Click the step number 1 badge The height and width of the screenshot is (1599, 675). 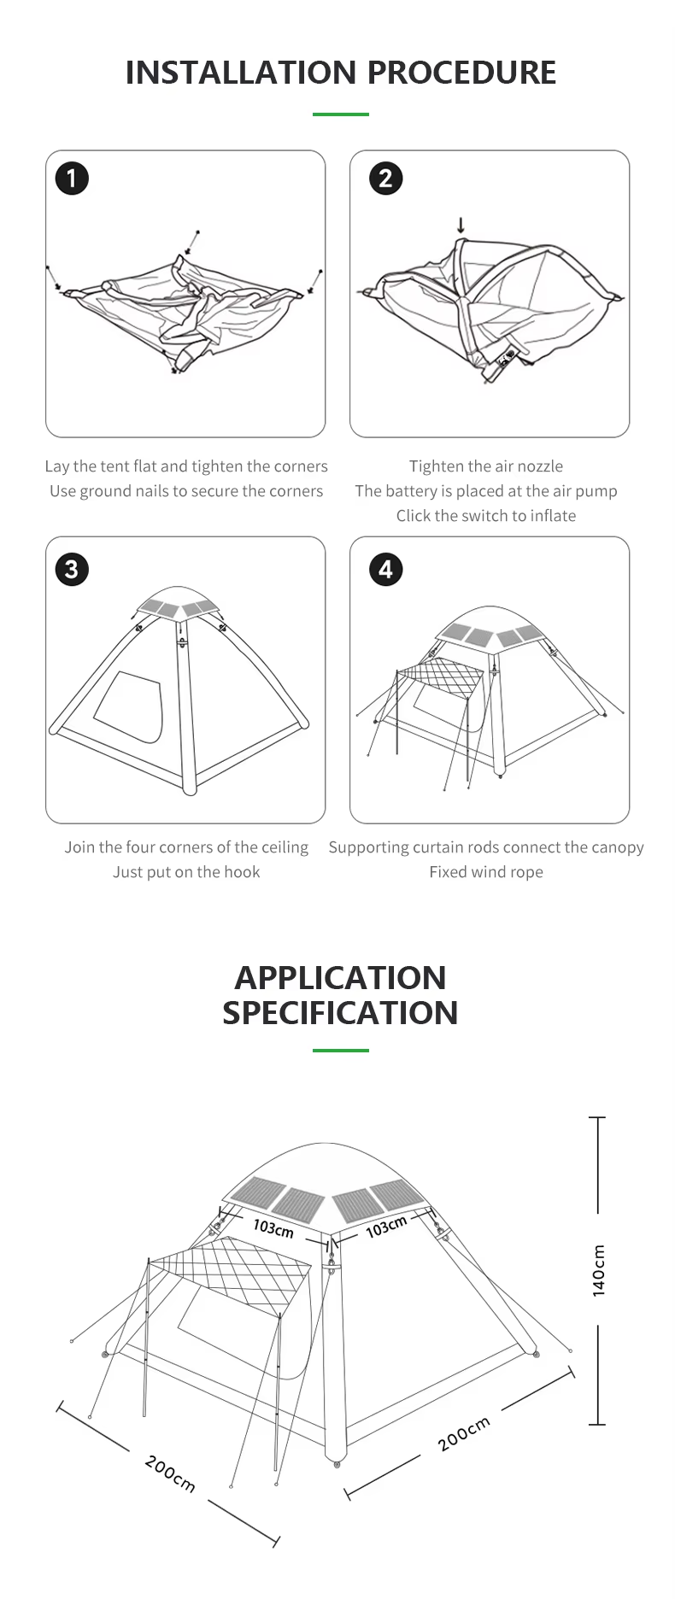tap(72, 179)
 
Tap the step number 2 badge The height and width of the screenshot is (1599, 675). tap(385, 179)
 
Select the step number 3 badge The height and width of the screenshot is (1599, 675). tap(72, 570)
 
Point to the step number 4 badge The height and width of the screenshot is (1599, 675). tap(385, 570)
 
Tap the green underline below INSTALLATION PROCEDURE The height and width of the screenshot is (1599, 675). tap(340, 114)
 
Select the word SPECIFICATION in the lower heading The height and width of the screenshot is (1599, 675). tap(340, 1013)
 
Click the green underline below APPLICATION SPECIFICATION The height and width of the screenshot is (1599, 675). tap(340, 1050)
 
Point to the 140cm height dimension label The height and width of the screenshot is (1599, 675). tap(599, 1270)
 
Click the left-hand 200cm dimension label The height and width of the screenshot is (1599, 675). tap(170, 1473)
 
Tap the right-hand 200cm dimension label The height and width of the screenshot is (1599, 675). tap(464, 1433)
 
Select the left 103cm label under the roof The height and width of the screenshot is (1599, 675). tap(273, 1227)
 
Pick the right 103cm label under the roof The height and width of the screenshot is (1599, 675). tap(386, 1227)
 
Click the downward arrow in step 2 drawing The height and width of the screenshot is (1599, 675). tap(461, 225)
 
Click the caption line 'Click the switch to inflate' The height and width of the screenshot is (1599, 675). tap(485, 516)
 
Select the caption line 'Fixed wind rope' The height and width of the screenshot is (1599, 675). tap(485, 872)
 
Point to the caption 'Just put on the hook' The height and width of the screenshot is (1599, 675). tap(186, 872)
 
